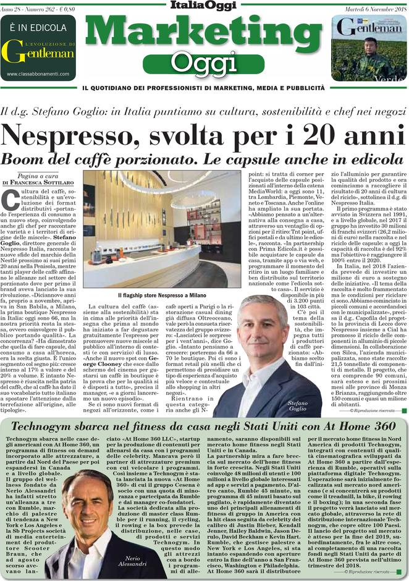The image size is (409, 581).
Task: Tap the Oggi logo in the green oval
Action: [x=204, y=62]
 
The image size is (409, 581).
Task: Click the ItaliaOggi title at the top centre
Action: [x=204, y=6]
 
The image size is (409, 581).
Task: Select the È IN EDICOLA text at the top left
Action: [x=38, y=28]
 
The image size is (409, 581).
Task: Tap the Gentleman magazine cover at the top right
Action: [x=369, y=48]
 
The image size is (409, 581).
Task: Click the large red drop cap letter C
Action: [x=11, y=199]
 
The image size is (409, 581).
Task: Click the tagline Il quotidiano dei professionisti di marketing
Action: [x=204, y=87]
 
